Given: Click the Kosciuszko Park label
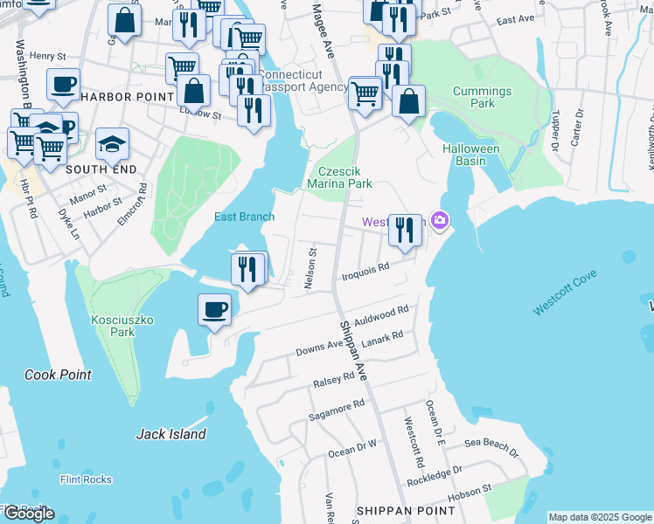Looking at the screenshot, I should coord(122,326).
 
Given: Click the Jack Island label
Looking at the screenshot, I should coord(171,434).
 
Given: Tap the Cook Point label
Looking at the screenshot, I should coord(58,375).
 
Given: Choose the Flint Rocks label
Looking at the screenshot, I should coord(86,479).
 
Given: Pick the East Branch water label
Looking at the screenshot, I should coord(245,217).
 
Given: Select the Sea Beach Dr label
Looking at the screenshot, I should coord(491,447).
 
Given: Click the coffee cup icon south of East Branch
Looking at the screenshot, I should coord(214,308).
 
